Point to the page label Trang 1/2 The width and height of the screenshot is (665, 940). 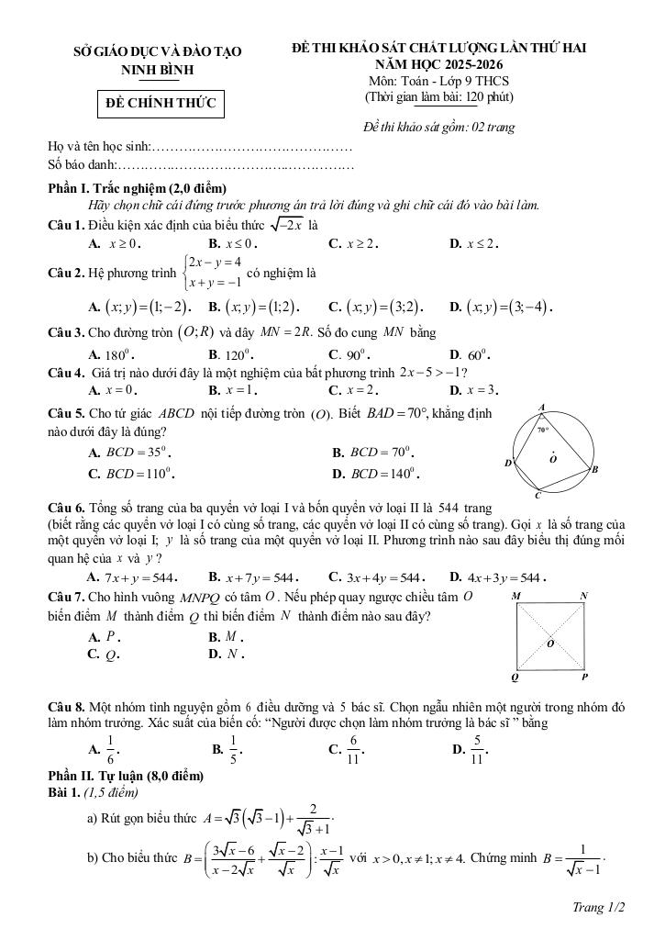(598, 908)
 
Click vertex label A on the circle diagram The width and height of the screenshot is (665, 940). (542, 408)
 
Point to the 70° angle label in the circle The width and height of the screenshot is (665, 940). (543, 429)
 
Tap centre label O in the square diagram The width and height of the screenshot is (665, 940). (551, 643)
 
